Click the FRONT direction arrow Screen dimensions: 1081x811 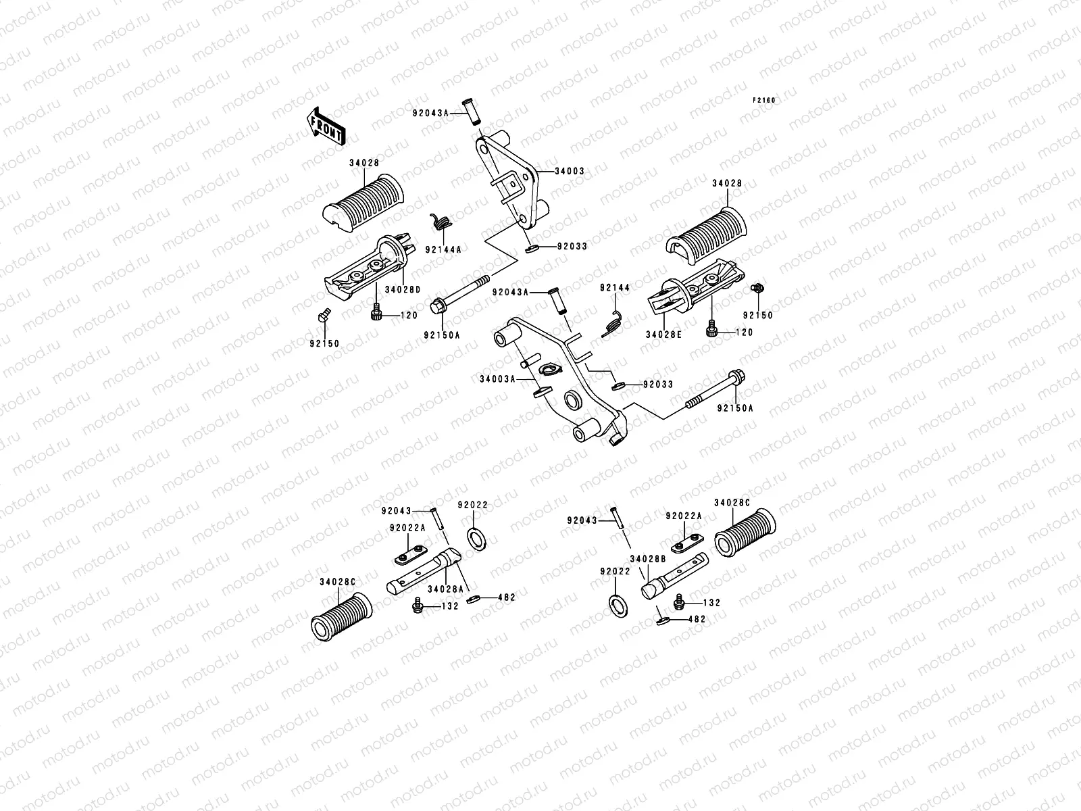click(x=326, y=126)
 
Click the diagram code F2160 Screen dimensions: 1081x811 click(x=764, y=101)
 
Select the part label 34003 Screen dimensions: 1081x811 click(x=570, y=172)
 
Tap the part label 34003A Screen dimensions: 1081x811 click(x=497, y=379)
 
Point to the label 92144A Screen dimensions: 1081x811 click(x=444, y=249)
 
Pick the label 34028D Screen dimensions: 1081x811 click(x=403, y=289)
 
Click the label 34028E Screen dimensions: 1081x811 click(x=664, y=335)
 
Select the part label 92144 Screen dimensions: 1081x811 click(x=615, y=288)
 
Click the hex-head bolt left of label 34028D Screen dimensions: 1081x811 click(x=324, y=315)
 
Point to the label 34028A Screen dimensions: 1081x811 click(x=446, y=589)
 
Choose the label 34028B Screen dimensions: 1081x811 click(x=648, y=559)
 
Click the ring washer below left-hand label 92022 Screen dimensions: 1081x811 click(x=476, y=539)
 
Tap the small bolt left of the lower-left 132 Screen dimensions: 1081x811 click(x=418, y=605)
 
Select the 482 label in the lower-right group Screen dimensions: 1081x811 click(x=697, y=620)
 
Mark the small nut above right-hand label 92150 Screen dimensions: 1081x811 click(x=758, y=288)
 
